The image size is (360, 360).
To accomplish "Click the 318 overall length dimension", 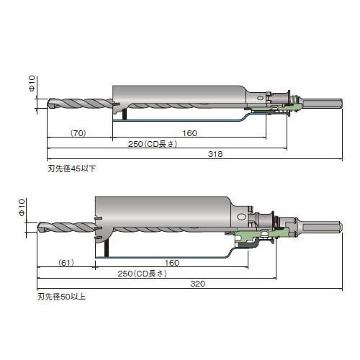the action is coord(215,154).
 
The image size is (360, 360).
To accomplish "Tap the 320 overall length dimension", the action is coord(198,284).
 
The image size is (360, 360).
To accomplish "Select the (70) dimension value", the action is coord(78,133).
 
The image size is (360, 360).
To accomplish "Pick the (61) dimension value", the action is coord(66,263).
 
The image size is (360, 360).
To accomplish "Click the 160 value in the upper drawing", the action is coord(189,133).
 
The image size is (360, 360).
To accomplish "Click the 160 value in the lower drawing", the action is coord(172,263).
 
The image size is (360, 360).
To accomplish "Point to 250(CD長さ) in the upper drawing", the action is coord(153,144).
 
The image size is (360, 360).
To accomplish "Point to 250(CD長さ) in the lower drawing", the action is coord(143,274).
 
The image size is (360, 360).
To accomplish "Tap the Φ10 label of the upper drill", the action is coord(32,84).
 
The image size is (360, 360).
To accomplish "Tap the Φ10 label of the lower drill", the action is coord(22,207).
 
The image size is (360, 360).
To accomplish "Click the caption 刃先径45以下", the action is coord(72,168).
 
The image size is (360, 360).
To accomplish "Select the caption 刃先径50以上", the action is coord(61,297).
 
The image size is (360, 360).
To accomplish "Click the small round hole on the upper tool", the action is coord(260,98).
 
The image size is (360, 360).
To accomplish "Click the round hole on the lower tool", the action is coord(241,217).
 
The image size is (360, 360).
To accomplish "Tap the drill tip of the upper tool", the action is coord(48,103).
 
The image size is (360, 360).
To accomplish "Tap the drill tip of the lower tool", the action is coord(38,227).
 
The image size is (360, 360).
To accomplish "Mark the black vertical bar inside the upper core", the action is coord(125,114).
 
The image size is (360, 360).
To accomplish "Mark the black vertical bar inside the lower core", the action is coord(107,248).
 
